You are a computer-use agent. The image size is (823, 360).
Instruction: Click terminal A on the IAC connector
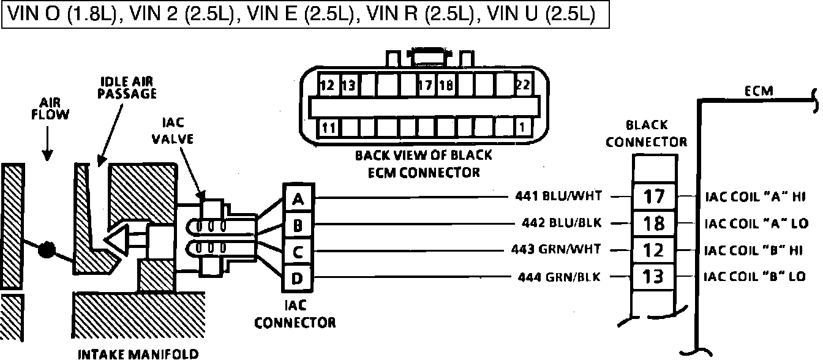tap(298, 199)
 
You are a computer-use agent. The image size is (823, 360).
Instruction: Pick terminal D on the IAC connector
tap(298, 279)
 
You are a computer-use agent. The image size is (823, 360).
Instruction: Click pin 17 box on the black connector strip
tap(655, 197)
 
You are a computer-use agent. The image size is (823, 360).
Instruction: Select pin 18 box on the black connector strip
tap(655, 223)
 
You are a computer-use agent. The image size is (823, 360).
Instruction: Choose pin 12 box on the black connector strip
tap(655, 250)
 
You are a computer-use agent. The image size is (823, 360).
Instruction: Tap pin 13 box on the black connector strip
tap(655, 277)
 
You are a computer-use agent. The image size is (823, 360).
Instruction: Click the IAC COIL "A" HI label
tap(754, 197)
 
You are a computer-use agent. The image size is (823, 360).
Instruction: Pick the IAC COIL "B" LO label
tap(754, 277)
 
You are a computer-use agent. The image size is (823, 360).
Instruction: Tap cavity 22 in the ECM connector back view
tap(522, 85)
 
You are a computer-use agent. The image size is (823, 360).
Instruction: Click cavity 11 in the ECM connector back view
tap(328, 128)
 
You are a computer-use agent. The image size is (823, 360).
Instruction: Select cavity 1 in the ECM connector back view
tap(522, 128)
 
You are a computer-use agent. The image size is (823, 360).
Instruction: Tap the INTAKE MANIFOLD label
tap(138, 354)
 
